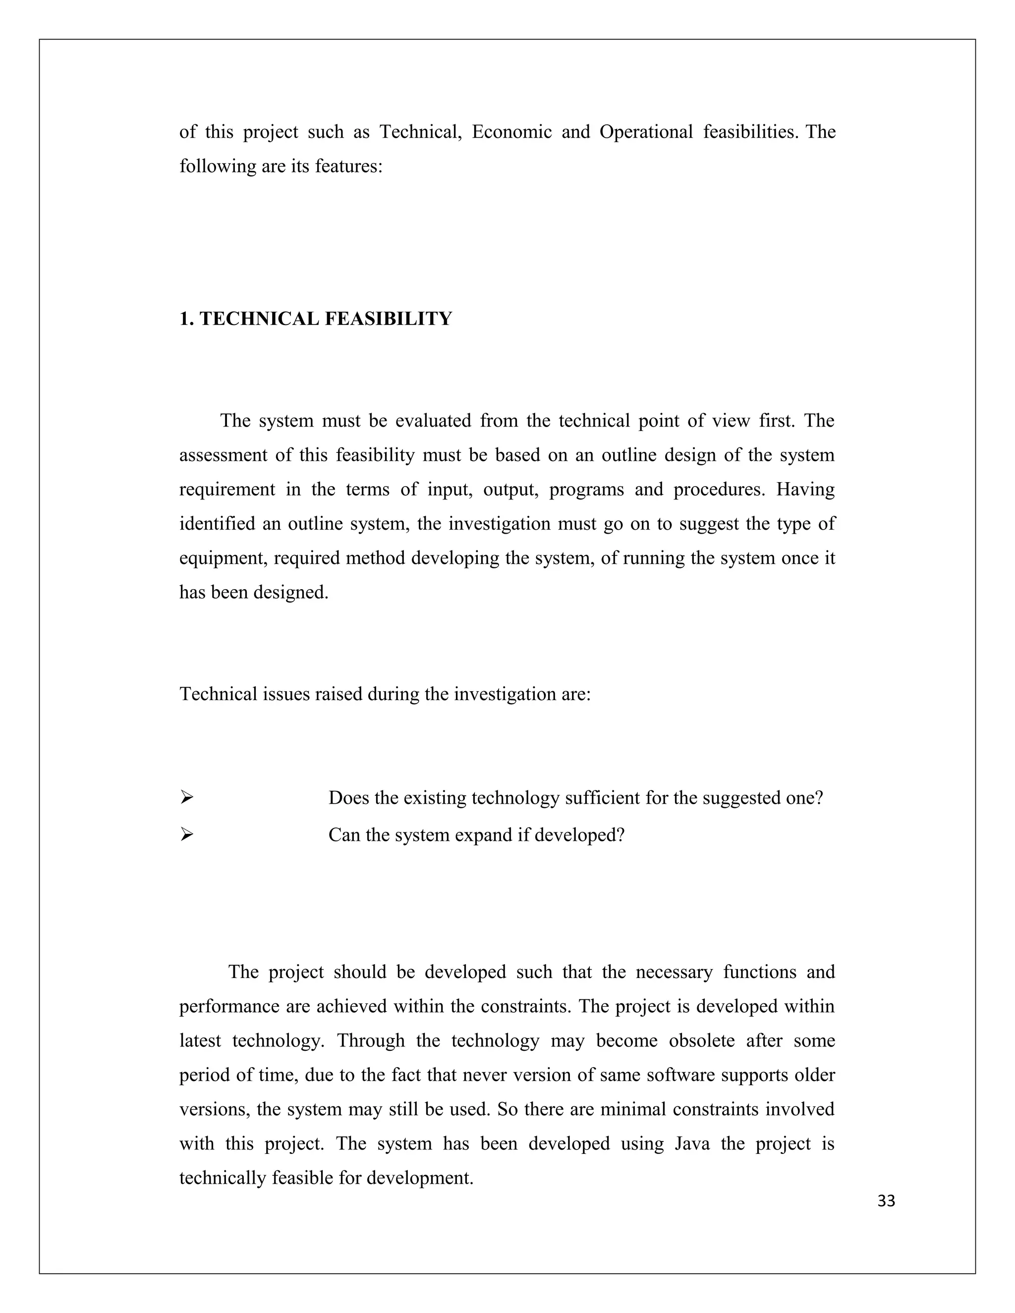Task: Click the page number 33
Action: pos(886,1201)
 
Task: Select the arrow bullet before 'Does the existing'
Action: pos(186,798)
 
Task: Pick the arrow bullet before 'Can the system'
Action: pos(186,834)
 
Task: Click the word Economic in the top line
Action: pos(511,132)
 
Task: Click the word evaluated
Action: pos(433,421)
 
